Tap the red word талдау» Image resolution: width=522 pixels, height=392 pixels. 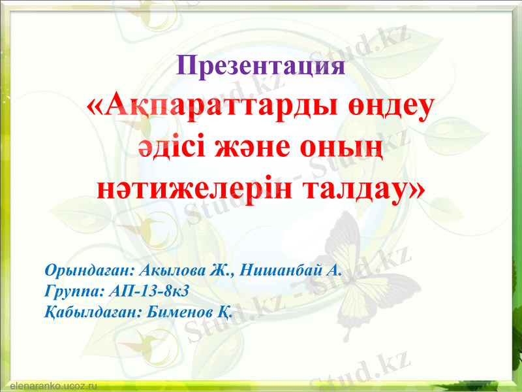[363, 187]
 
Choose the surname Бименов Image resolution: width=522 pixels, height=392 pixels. [178, 310]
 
